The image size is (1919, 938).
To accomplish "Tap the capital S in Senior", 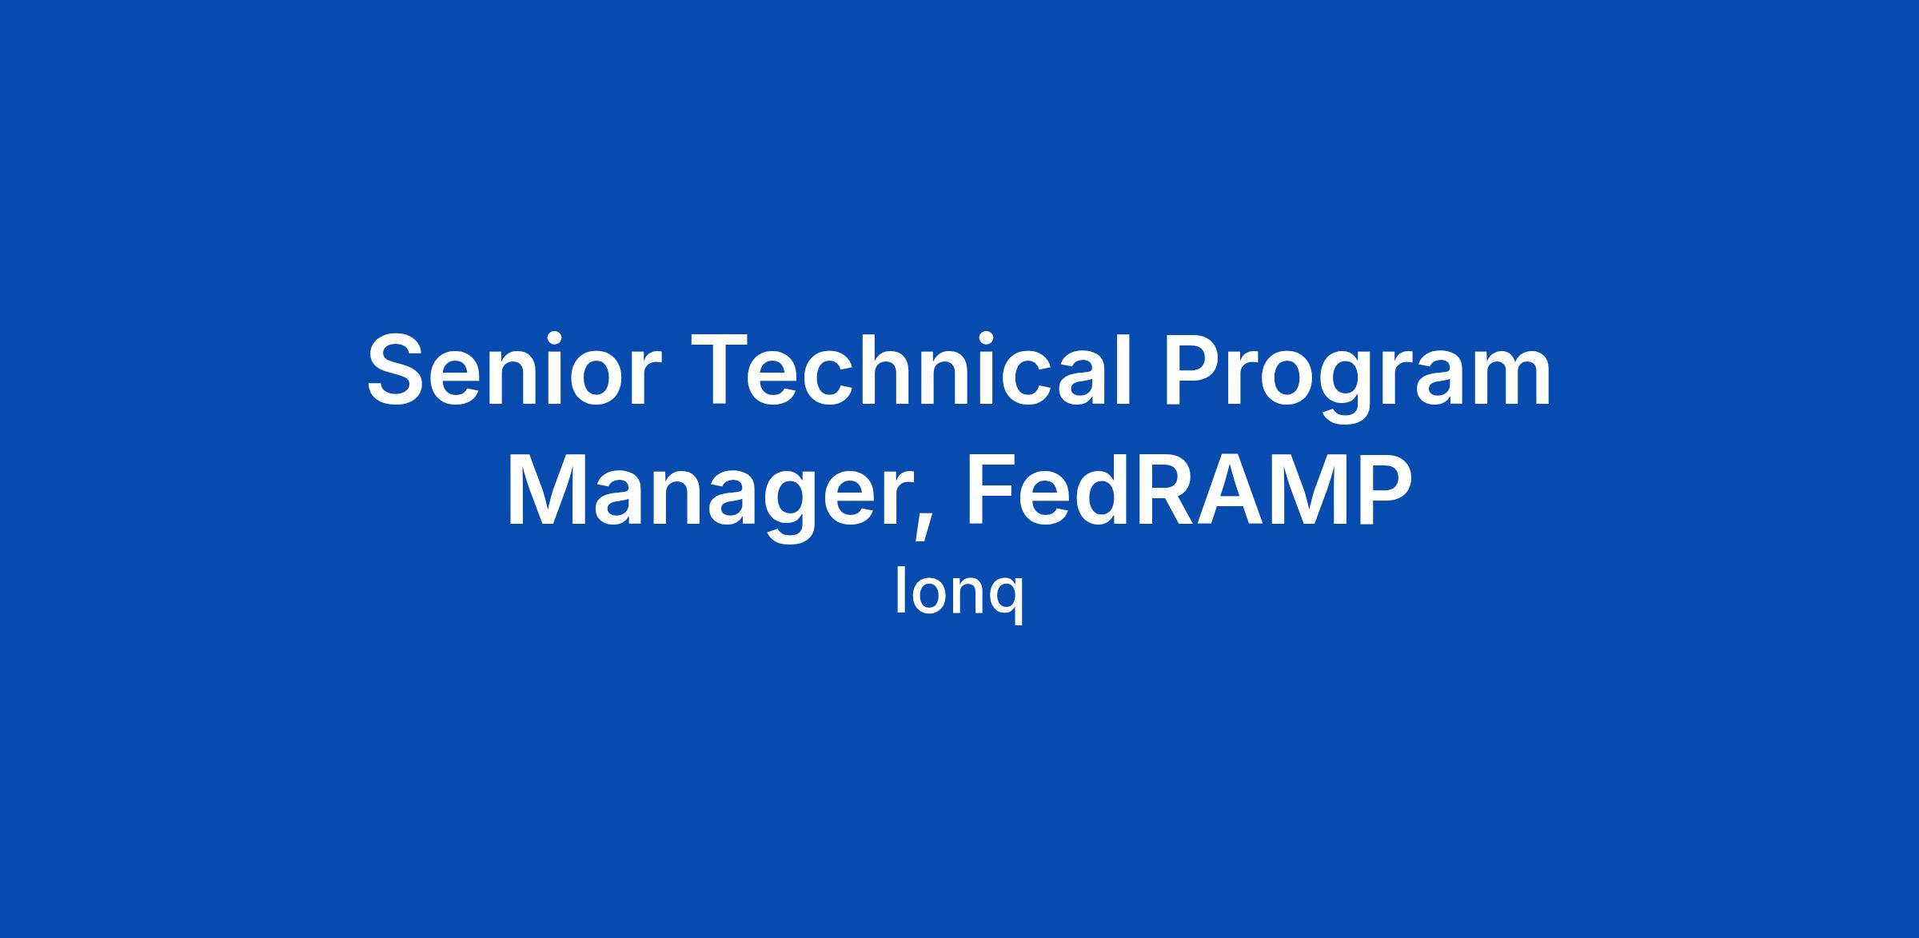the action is point(396,369).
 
